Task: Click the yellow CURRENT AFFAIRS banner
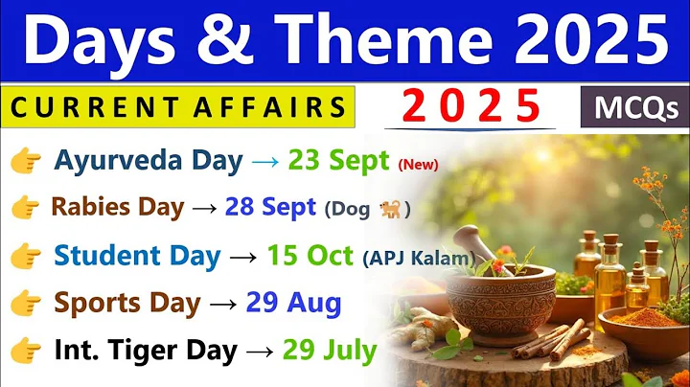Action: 178,107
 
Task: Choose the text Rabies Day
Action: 117,206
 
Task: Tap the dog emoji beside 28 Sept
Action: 390,209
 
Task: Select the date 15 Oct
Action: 309,256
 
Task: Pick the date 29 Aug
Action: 292,303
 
